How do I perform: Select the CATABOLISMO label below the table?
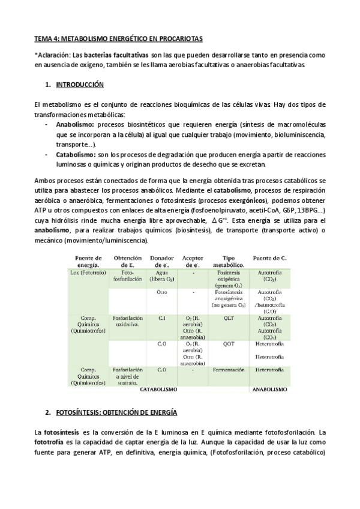(158, 389)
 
